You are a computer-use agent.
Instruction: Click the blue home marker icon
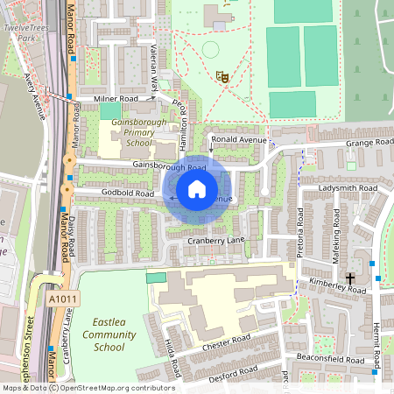point(197,189)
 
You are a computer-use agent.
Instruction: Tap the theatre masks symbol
point(223,77)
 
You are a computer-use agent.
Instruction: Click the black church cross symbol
point(351,278)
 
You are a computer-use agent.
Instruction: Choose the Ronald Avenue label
point(239,139)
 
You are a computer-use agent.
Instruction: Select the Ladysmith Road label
point(348,188)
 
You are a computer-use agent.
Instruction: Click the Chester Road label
point(226,341)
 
